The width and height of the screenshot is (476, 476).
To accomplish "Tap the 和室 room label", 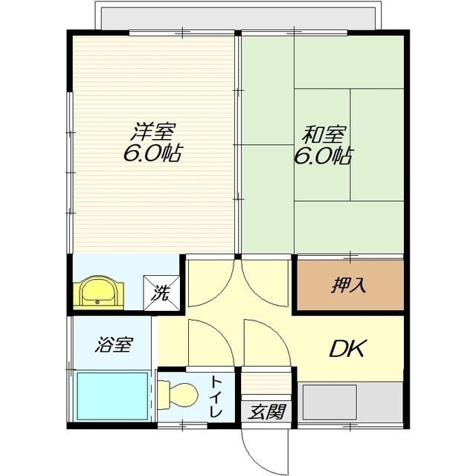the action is point(324,135).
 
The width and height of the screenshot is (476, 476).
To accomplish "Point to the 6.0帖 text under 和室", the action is point(323,155).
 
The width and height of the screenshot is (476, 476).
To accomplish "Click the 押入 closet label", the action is point(349,285).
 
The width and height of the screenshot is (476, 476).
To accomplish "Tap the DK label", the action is point(348,349).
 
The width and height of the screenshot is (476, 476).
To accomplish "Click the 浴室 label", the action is point(114,344).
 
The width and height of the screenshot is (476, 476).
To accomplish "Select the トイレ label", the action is point(216,396).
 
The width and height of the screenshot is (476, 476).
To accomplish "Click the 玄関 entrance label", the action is point(266,411).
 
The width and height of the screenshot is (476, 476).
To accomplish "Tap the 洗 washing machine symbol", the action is point(161,293).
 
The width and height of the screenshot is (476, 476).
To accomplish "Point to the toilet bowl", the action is point(178,395).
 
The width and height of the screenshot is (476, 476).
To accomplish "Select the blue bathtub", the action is point(112,396).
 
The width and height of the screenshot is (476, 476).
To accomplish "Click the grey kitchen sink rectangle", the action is point(330,402).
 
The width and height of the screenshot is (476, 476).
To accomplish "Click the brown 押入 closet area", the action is point(350,285).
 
